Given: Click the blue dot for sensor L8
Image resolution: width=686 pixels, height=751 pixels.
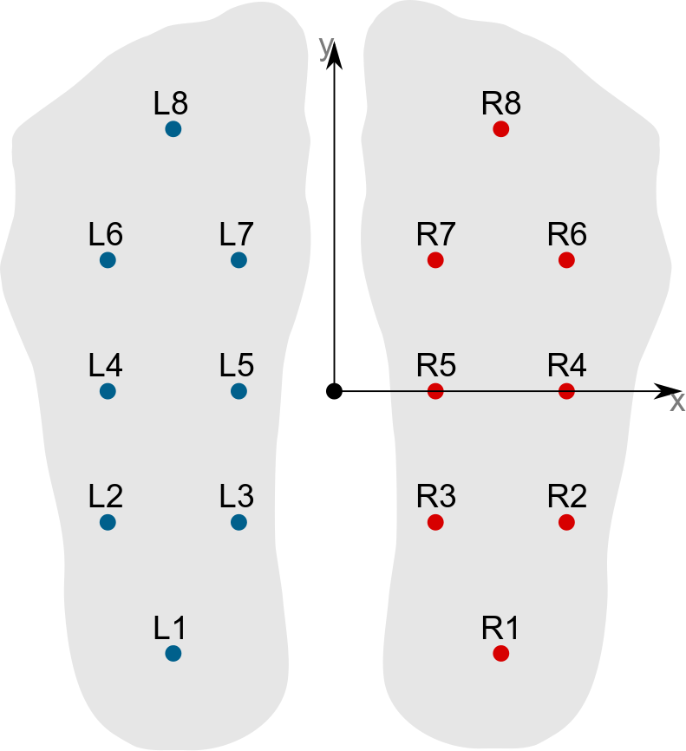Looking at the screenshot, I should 173,129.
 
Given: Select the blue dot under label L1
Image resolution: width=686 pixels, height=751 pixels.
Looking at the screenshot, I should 173,653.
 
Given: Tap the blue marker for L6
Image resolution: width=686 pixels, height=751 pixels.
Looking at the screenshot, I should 108,260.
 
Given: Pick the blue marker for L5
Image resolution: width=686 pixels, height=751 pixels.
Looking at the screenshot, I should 239,391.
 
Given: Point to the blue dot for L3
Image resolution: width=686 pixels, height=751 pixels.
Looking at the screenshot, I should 239,522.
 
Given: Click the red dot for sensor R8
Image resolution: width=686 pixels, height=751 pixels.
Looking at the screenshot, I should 500,129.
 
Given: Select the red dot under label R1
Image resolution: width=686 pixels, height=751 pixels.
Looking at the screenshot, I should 500,653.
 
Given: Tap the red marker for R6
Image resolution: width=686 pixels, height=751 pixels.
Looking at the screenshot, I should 566,260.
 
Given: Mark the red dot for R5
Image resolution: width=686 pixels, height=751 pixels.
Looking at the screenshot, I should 435,391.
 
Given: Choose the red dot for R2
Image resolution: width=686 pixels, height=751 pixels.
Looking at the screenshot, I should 566,522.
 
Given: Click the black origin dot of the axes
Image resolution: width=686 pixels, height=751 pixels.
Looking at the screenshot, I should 334,391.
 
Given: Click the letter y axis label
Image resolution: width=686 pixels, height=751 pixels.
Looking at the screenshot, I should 326,47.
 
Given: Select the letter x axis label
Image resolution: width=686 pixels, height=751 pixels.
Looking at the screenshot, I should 677,404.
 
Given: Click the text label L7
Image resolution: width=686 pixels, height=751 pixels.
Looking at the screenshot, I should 236,234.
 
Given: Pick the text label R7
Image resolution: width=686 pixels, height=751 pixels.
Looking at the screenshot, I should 436,234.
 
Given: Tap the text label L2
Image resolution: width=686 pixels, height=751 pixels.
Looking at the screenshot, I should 105,496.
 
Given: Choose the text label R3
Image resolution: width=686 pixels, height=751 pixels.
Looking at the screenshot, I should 436,496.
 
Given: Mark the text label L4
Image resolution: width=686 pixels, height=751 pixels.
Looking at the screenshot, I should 105,365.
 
